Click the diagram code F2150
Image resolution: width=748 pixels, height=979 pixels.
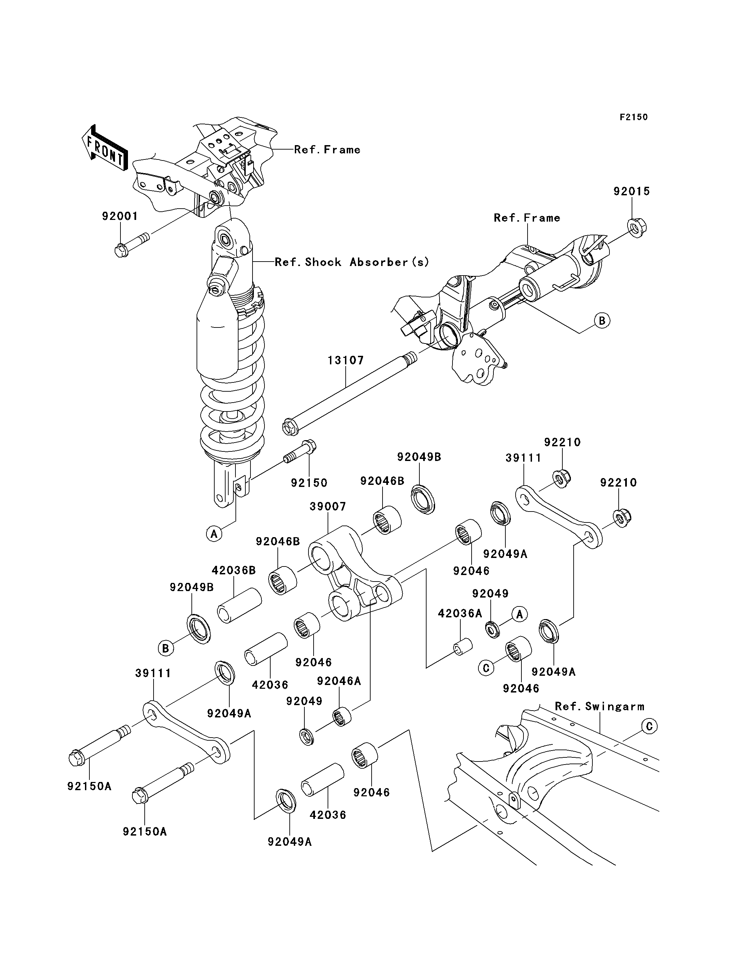point(634,117)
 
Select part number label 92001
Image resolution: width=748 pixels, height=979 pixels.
point(120,216)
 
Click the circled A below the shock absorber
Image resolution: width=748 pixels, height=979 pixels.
point(214,533)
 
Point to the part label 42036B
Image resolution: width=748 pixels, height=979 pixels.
point(233,570)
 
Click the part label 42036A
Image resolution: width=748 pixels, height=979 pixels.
point(460,614)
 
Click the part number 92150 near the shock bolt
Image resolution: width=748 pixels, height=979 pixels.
point(309,482)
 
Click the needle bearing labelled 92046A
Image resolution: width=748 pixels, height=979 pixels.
point(342,716)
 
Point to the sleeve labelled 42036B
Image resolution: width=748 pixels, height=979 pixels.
point(239,605)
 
